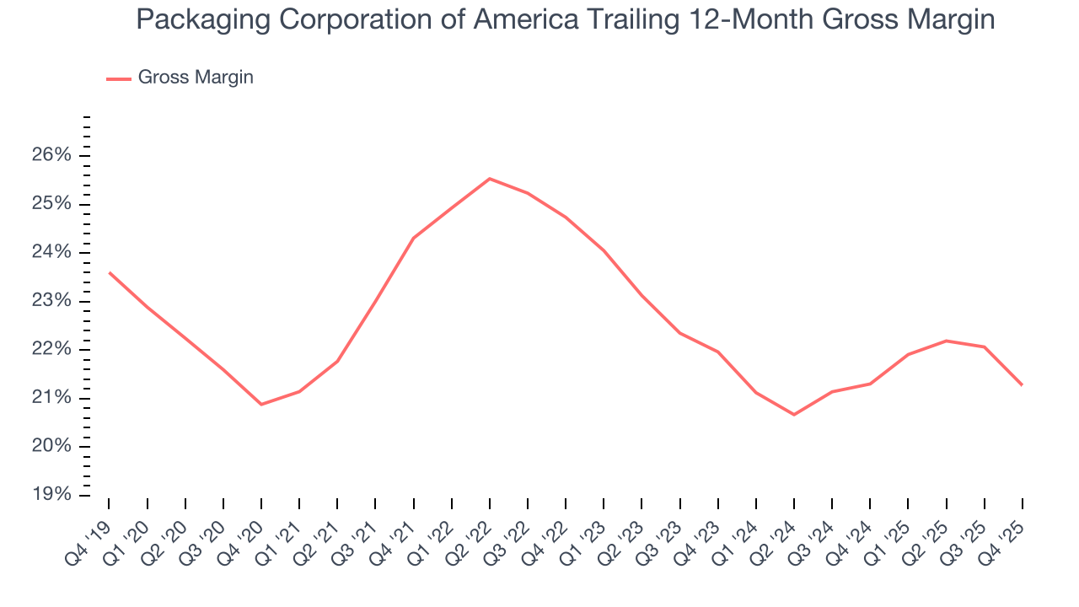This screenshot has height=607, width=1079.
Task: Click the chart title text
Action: pos(565,20)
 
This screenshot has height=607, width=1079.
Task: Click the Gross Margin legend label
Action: pos(196,78)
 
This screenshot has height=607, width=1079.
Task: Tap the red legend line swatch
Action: pos(119,78)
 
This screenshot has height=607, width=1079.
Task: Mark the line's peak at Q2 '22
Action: pos(490,179)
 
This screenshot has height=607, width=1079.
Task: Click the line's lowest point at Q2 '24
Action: pos(794,414)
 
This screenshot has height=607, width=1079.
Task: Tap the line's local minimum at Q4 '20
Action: pos(261,404)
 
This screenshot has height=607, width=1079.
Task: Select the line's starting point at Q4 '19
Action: pos(110,272)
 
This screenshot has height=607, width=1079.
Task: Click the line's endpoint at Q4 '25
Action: pos(1022,384)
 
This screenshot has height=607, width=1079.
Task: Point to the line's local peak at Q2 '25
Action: pos(947,341)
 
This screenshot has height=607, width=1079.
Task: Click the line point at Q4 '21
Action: pos(414,238)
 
